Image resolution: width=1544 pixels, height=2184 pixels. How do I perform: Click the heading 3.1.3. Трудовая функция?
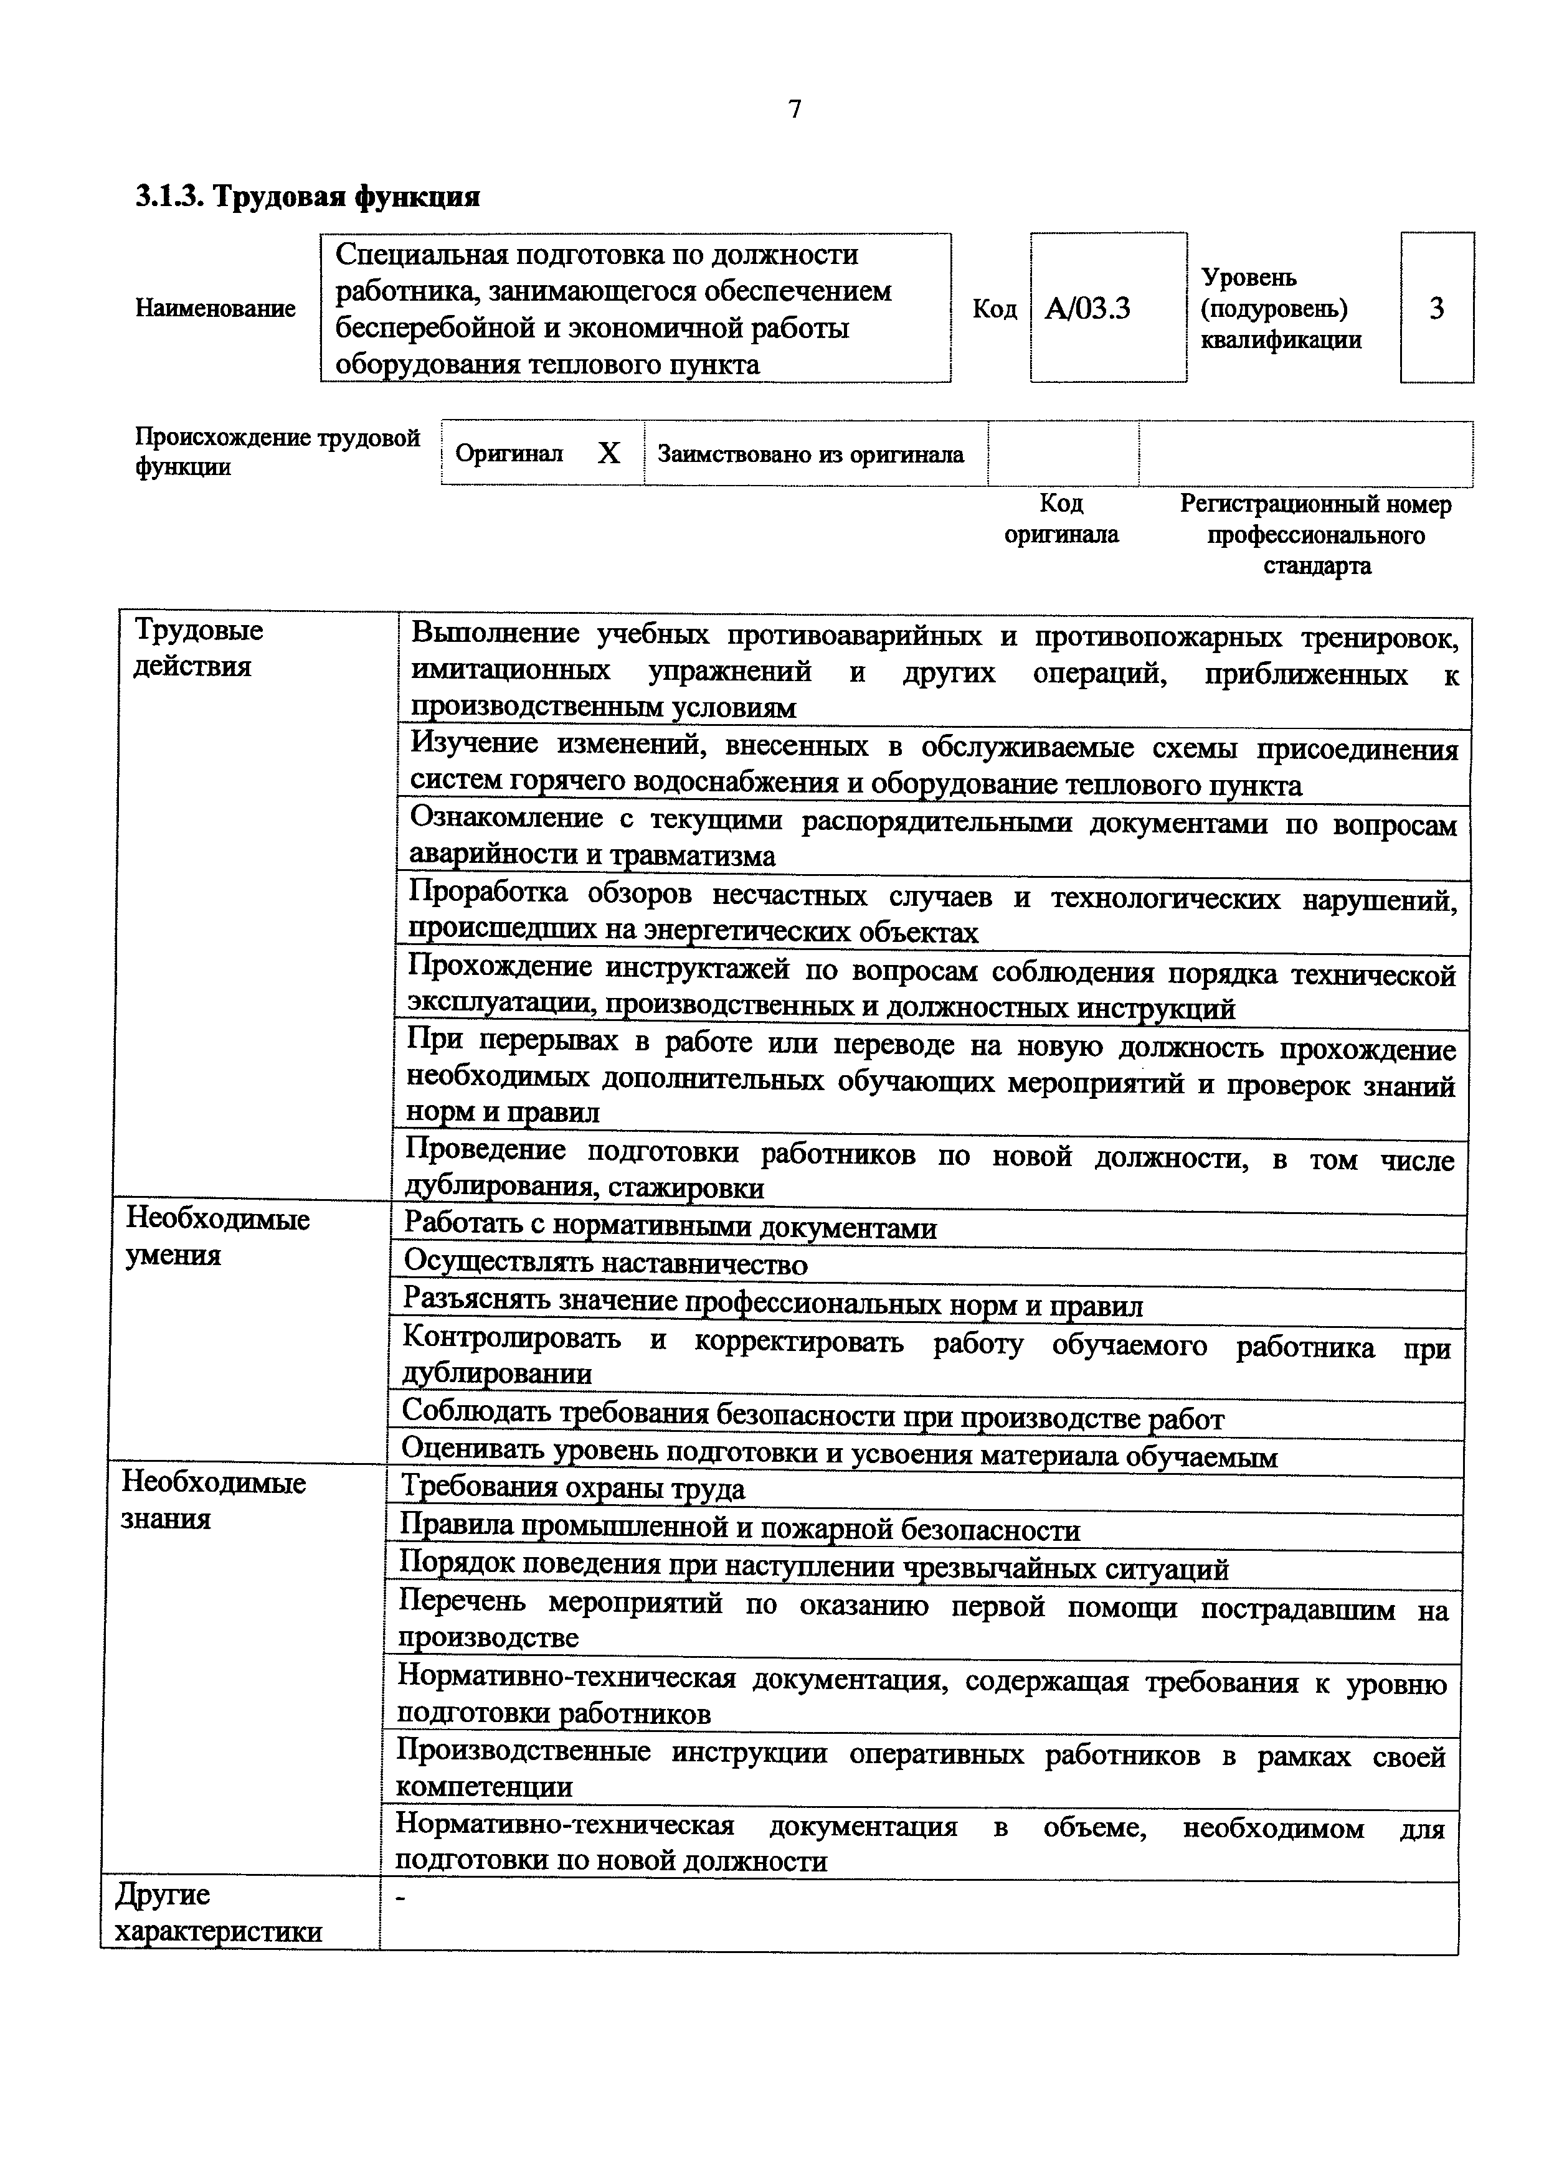[306, 197]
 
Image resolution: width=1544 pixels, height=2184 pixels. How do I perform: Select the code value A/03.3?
[1087, 309]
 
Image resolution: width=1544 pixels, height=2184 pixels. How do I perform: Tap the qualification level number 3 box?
[1436, 308]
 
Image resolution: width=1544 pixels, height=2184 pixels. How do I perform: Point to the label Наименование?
[215, 308]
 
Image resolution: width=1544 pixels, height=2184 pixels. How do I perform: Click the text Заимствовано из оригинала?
[810, 454]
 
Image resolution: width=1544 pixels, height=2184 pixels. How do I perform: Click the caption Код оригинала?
[1062, 519]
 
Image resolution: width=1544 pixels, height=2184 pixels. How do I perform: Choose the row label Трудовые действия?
[198, 647]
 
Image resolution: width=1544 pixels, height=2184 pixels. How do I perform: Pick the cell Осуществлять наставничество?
[605, 1264]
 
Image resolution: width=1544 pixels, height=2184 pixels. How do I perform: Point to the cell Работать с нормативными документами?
[670, 1228]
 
